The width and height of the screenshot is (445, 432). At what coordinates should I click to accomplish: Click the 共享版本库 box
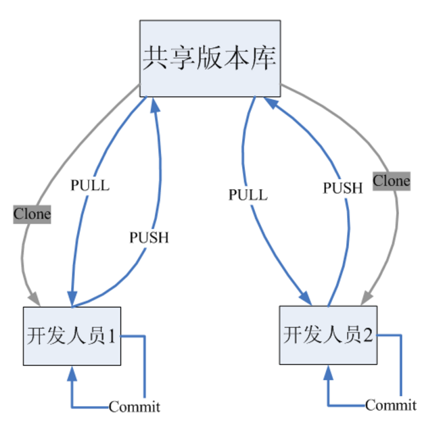210,58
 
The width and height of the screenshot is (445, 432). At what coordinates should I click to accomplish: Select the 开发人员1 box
72,335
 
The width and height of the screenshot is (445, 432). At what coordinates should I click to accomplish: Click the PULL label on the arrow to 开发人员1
90,185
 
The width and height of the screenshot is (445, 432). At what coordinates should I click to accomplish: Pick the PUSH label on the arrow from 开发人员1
148,237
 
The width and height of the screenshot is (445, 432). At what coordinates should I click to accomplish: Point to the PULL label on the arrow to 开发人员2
248,195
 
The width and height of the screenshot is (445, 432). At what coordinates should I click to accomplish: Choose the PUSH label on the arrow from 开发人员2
342,188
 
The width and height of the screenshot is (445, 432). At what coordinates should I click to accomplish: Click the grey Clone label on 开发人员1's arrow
32,214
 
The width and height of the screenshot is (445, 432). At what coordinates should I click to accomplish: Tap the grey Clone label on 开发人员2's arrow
392,181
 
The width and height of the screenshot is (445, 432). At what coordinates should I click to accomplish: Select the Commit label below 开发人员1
135,407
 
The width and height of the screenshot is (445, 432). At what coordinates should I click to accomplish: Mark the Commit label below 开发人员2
391,406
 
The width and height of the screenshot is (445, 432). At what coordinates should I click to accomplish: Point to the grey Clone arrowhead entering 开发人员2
366,297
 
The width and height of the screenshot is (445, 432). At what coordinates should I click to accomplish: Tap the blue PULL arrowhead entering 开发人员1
70,299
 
